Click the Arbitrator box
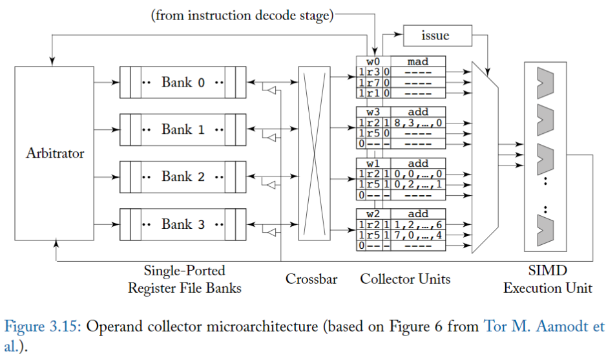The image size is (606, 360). point(55,154)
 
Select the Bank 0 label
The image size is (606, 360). point(183,83)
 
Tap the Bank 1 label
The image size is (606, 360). point(183,130)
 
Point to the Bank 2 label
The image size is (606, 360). point(183,176)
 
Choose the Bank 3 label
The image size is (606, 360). point(183,224)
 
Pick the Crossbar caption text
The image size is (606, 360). point(311,280)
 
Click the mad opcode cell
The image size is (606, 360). point(418,62)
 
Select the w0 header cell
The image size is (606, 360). point(373,62)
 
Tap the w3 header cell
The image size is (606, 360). point(373,112)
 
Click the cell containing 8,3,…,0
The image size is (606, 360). point(418,122)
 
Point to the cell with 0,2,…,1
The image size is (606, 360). point(418,184)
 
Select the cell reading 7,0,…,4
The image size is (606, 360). point(418,235)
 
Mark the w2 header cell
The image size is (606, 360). point(373,213)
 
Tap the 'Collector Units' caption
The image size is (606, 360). point(405,279)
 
